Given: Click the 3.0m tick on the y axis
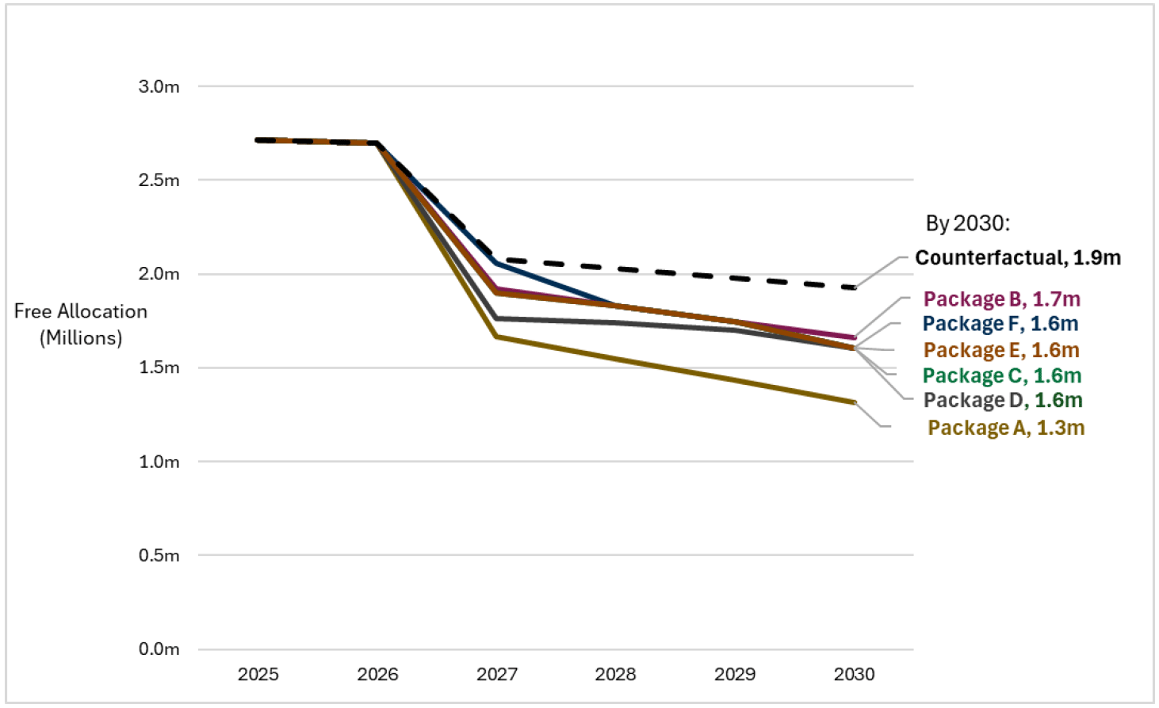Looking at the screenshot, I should pos(159,86).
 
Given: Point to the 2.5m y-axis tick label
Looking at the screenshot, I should pos(159,180).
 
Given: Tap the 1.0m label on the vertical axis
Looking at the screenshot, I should pos(159,462).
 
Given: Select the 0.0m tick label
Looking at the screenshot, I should pos(159,649).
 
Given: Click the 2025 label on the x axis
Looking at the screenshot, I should pos(258,675).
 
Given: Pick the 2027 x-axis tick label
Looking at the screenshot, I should pos(496,675).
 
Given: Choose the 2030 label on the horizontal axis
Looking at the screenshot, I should pos(854,675).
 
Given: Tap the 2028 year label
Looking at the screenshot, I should pos(615,675).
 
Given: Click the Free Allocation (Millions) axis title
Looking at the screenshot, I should pos(81,325).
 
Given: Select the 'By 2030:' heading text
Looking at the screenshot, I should pos(968,223).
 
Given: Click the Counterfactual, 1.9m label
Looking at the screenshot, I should pos(1018,258).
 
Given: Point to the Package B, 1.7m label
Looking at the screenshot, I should pos(1001,299).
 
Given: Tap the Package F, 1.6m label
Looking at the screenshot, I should pos(1000,324).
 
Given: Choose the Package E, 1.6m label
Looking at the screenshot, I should pos(1001,350).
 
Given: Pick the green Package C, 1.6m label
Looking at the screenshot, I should pos(1002,375).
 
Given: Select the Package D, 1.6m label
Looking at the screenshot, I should pos(1003,401).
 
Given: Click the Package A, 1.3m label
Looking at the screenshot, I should pos(1006,428).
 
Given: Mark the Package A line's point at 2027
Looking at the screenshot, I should pos(497,337).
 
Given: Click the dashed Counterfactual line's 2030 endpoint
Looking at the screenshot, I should pos(854,287).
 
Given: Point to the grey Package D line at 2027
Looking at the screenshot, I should pos(497,318).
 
